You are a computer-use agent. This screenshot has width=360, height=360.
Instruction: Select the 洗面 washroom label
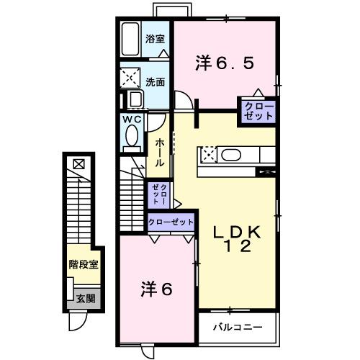[156, 81]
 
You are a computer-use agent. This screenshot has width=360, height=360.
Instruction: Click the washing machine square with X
[132, 77]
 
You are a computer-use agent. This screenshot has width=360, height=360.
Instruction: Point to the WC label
[131, 118]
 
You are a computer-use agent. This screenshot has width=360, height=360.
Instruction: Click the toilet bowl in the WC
[132, 135]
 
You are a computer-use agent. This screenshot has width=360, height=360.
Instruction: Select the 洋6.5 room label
[224, 63]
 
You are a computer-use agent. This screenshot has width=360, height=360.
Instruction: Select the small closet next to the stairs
[159, 195]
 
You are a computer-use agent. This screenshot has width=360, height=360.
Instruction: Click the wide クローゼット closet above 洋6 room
[171, 222]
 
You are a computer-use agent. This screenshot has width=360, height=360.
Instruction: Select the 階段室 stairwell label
[84, 265]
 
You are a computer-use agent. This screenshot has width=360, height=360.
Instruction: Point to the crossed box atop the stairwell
[78, 163]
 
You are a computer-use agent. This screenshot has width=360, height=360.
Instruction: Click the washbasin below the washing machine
[132, 100]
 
